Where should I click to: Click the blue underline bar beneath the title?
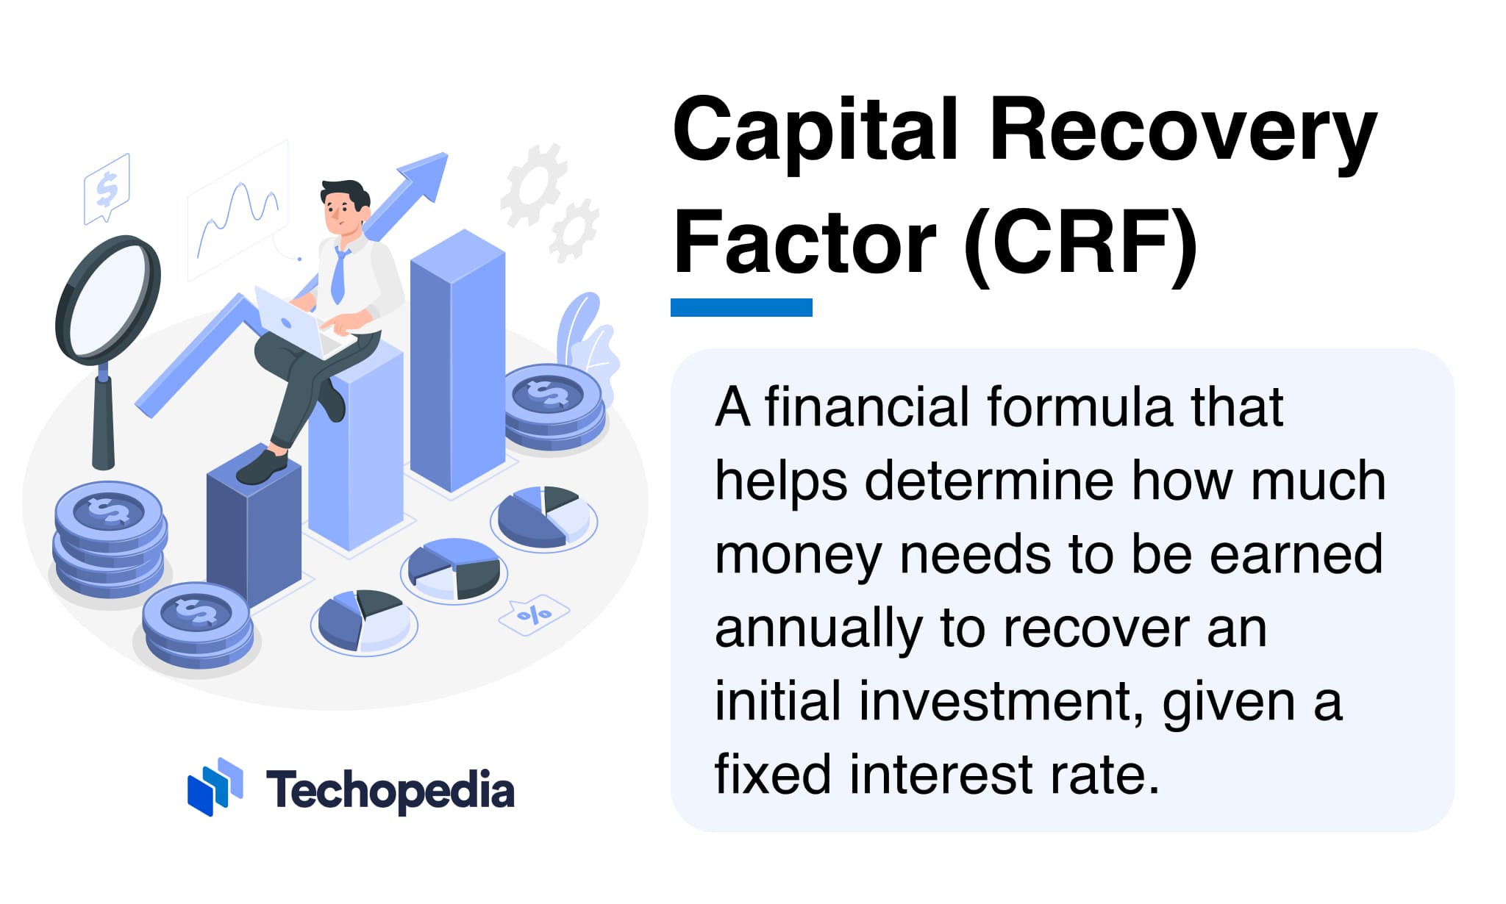[741, 307]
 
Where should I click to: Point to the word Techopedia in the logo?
[390, 791]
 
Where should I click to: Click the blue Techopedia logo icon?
[215, 786]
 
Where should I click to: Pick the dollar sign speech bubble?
[107, 188]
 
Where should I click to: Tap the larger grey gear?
[533, 184]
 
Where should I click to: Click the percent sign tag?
[534, 614]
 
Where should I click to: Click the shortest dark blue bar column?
[254, 537]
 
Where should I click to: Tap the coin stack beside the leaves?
[553, 408]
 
